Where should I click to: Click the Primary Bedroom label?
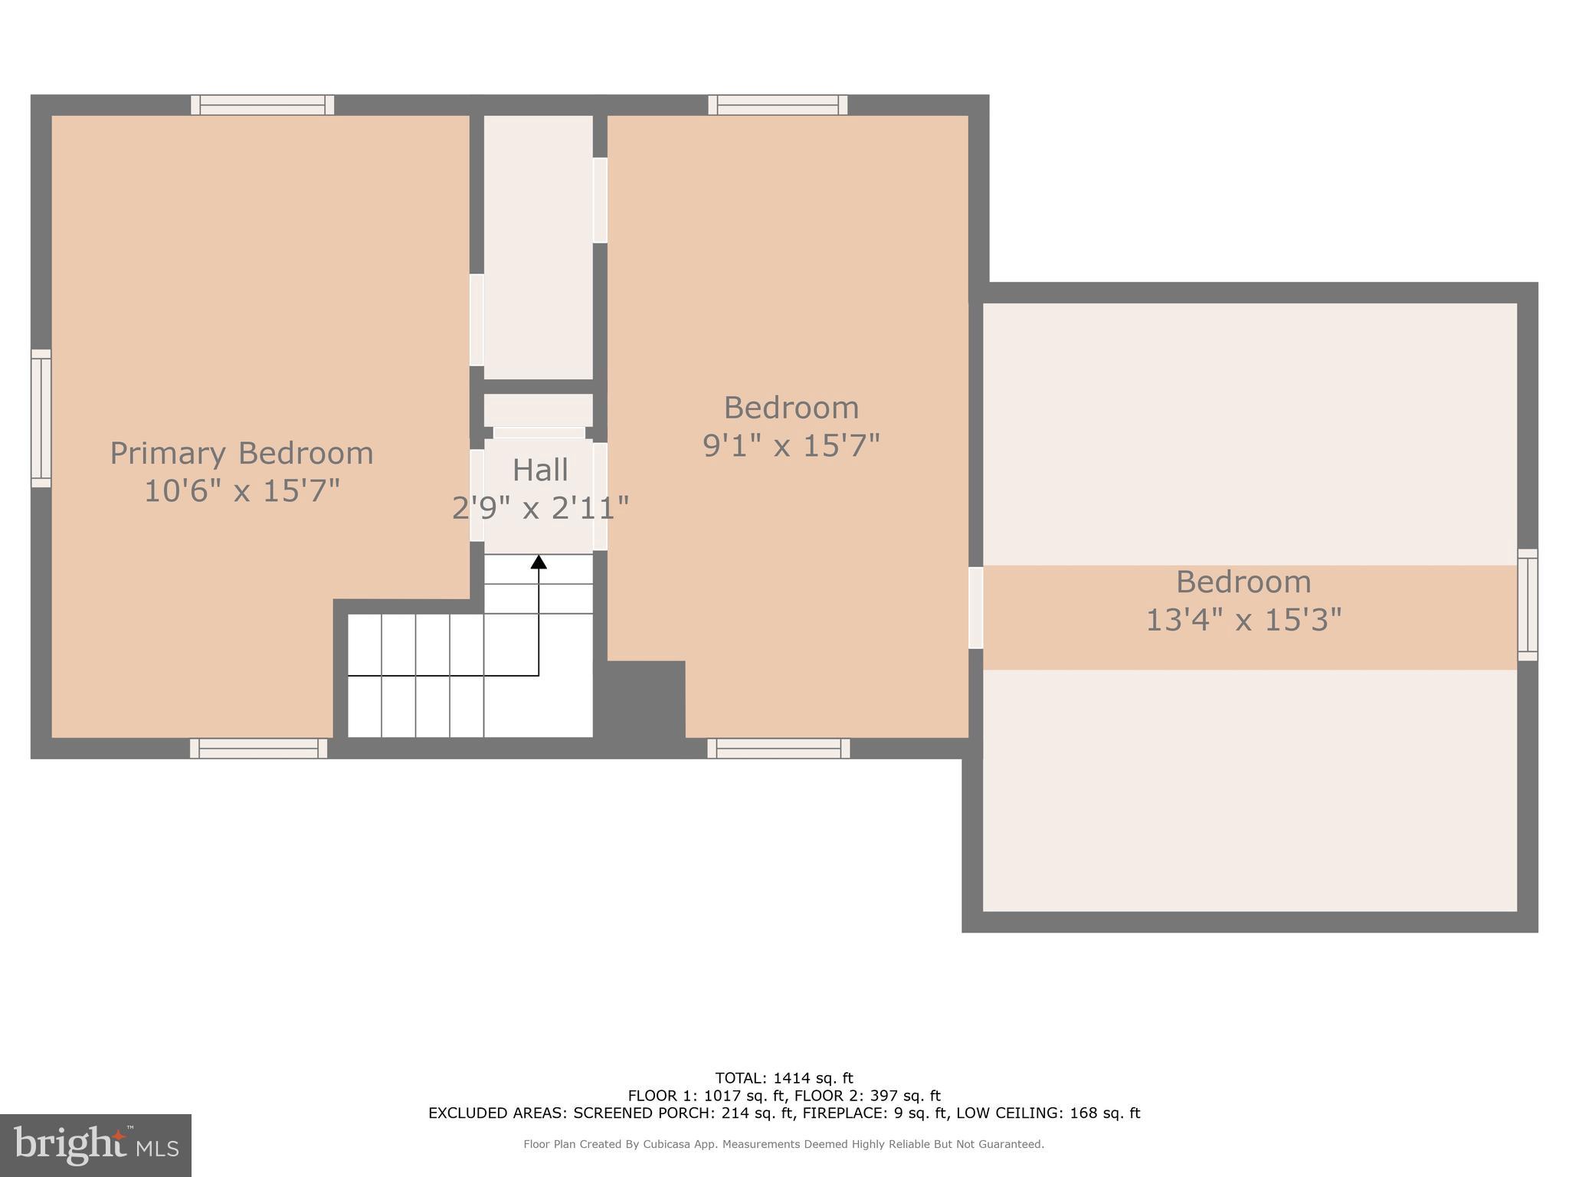[x=241, y=453]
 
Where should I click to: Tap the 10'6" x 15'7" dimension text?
[x=241, y=490]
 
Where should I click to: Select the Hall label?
[x=540, y=470]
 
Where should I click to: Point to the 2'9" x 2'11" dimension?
[x=540, y=507]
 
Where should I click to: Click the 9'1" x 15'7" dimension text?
[x=791, y=445]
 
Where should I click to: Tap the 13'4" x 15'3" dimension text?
[x=1243, y=619]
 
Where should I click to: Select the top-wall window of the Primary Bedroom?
[x=262, y=105]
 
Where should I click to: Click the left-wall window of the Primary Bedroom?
[x=41, y=418]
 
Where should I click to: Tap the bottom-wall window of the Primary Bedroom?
[x=259, y=749]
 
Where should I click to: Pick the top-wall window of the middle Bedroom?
[x=778, y=105]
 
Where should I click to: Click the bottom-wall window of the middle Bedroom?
[x=778, y=749]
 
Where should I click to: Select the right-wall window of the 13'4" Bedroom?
[x=1527, y=605]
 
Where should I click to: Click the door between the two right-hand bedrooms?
[x=975, y=608]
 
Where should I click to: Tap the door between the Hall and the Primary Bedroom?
[x=477, y=495]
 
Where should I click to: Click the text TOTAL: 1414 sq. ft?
[x=784, y=1079]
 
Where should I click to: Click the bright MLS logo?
[x=96, y=1144]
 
